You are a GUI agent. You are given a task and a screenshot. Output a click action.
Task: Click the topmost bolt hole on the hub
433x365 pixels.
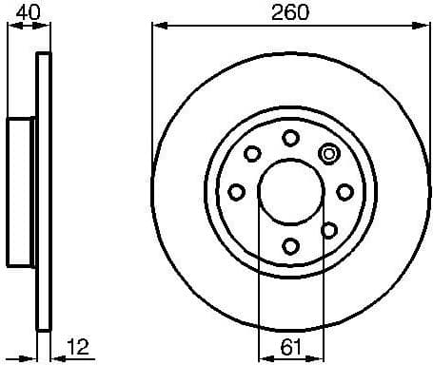click(290, 138)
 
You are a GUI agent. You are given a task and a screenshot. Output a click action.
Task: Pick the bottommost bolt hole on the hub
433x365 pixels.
click(290, 246)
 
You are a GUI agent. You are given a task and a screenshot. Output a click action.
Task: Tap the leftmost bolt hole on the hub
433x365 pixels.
click(236, 192)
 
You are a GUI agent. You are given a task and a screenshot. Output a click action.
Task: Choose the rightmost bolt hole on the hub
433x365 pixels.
click(344, 192)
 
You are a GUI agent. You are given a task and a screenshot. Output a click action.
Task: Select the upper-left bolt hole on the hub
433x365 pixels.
click(252, 153)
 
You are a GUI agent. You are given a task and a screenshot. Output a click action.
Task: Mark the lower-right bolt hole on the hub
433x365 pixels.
click(329, 230)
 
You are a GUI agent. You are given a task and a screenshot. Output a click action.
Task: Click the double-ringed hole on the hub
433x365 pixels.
click(329, 153)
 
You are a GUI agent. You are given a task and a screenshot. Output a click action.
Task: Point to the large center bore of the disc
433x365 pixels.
click(290, 192)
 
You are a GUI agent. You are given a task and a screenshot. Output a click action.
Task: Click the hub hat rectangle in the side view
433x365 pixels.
click(22, 192)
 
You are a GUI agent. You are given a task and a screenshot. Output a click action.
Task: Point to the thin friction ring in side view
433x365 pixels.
click(42, 285)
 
